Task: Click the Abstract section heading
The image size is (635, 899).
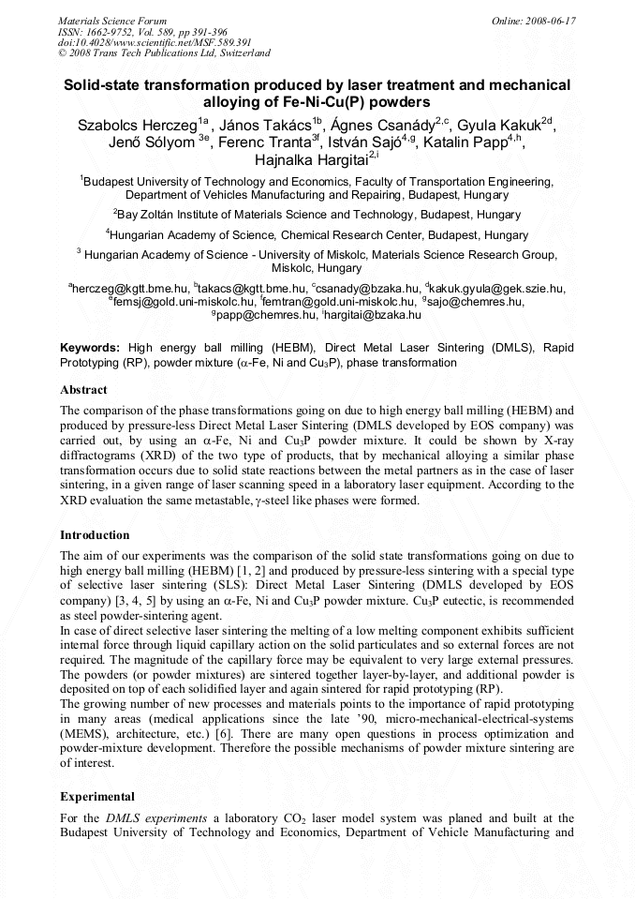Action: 83,389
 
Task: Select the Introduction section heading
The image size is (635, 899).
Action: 95,535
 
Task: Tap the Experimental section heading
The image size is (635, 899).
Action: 97,796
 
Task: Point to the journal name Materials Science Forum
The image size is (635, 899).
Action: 112,20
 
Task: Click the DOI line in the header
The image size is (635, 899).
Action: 141,42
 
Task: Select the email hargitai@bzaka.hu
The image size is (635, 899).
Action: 361,315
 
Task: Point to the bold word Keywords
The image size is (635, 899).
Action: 90,347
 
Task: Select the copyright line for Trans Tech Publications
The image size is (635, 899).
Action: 164,53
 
